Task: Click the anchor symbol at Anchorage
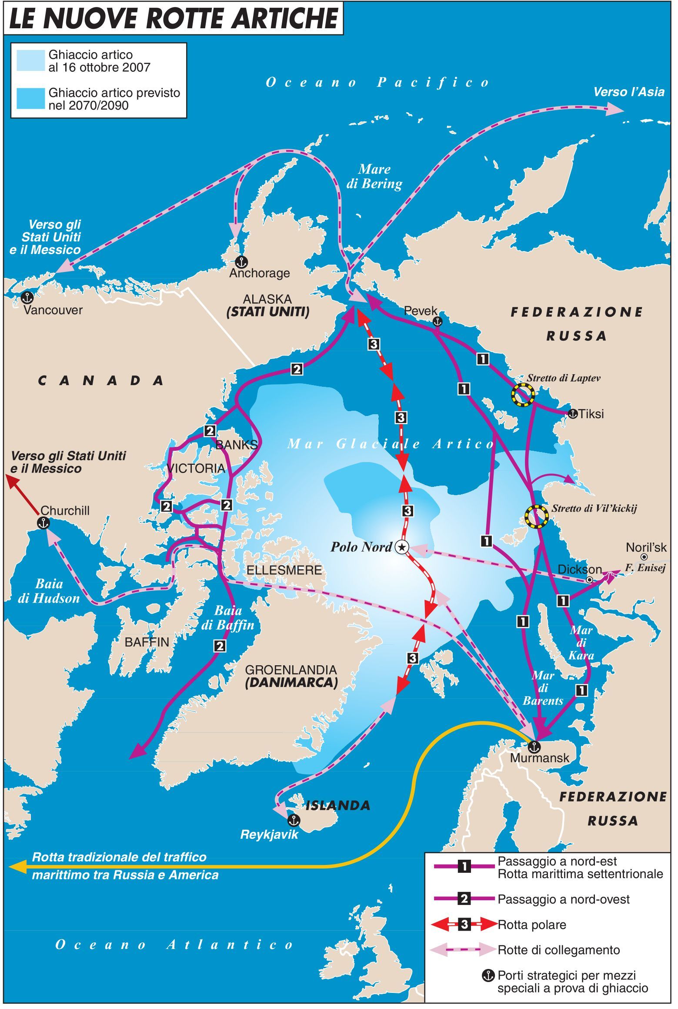click(240, 262)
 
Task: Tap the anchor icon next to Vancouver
click(27, 298)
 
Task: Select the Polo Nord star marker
click(401, 547)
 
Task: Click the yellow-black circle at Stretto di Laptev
click(523, 395)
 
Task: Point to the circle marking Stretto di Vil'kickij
click(536, 517)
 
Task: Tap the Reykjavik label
click(269, 834)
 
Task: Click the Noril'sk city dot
click(644, 557)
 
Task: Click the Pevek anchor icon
click(437, 322)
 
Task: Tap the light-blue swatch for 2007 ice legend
click(30, 61)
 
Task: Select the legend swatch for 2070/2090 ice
click(30, 99)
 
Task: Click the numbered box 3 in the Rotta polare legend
click(464, 925)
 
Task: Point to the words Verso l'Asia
click(629, 92)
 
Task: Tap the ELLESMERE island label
click(284, 570)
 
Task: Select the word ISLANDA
click(338, 805)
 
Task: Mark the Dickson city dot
click(590, 580)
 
